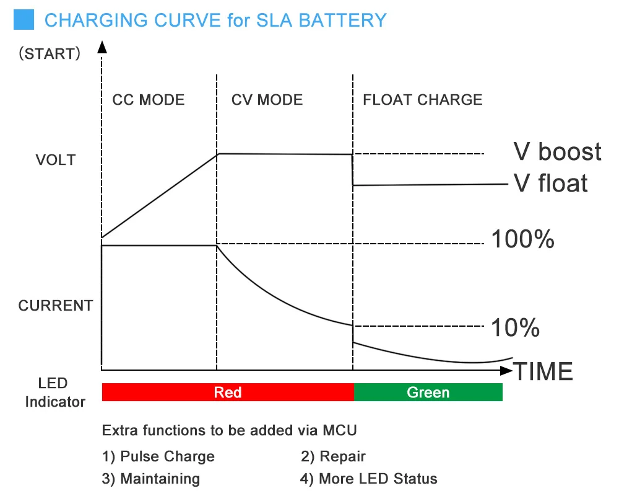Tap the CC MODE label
(x=149, y=100)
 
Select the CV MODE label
(x=267, y=100)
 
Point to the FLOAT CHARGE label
(x=423, y=100)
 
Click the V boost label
(x=557, y=152)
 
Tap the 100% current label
(x=522, y=239)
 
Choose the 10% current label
(x=515, y=328)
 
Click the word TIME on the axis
(x=544, y=372)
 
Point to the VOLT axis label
(x=56, y=160)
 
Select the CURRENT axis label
(x=56, y=306)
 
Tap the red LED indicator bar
(x=228, y=392)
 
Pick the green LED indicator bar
(x=428, y=392)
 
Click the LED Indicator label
(x=55, y=392)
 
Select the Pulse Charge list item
(x=158, y=457)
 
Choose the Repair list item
(x=334, y=457)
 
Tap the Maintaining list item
(x=151, y=479)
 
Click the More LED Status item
(x=369, y=479)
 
